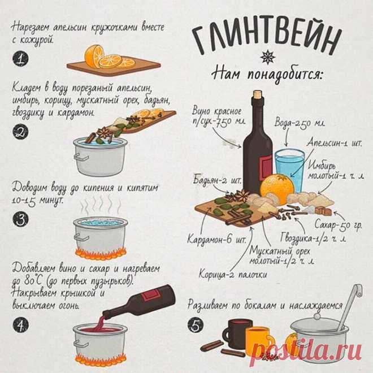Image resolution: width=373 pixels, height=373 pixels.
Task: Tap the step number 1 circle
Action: pos(20,58)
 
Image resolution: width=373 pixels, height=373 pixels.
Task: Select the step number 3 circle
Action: pos(20,219)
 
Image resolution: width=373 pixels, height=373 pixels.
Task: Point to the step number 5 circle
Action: pos(196,325)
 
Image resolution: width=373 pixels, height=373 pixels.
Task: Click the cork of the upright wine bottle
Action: pos(257,94)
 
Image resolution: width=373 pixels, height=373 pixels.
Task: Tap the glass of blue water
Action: pos(290,170)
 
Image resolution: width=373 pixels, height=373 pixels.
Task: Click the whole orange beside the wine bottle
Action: pos(277,188)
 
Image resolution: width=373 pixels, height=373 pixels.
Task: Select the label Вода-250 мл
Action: pos(300,123)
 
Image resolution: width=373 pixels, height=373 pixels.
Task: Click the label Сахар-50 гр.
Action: pos(338,225)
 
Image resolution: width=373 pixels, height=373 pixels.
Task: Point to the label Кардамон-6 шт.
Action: pos(216,238)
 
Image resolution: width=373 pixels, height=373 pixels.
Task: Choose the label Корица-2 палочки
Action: pos(232,274)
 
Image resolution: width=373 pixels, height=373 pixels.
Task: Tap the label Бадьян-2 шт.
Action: pos(217,180)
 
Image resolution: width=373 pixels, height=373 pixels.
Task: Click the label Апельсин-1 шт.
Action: pos(334,143)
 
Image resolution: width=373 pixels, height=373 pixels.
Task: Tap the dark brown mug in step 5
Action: pos(236,333)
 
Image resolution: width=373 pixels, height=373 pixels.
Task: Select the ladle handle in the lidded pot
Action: pos(349,307)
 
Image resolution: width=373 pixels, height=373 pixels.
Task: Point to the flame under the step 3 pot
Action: pos(101,254)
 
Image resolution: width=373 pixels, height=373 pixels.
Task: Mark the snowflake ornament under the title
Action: pos(268,57)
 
